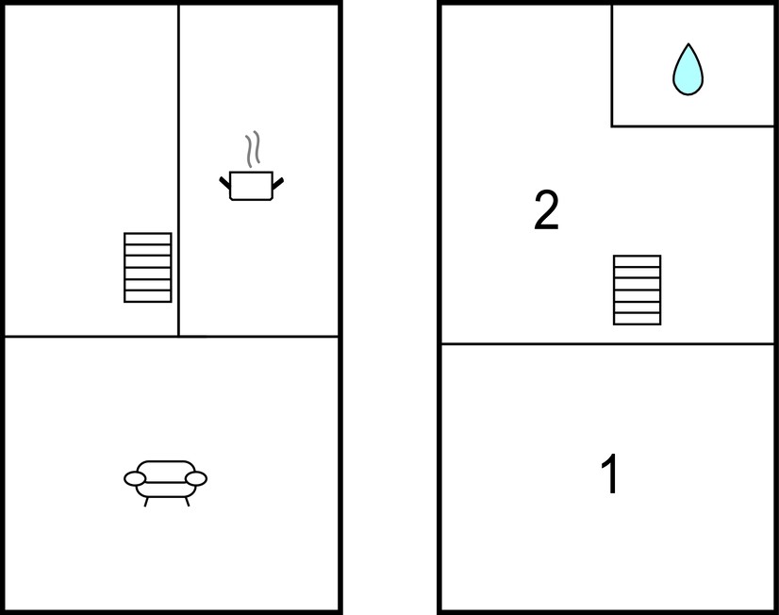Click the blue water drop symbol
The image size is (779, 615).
[688, 71]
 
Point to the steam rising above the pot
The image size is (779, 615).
[253, 148]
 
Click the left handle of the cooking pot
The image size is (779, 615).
[225, 182]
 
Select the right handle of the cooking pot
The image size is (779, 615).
[277, 183]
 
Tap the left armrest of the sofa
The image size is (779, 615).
[135, 479]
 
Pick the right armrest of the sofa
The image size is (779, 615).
[196, 479]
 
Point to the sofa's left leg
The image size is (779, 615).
[146, 501]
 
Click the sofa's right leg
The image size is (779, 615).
[188, 501]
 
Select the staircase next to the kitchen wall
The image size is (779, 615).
[147, 267]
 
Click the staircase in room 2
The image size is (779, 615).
[637, 291]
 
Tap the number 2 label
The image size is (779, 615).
[546, 210]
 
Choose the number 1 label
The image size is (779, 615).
[610, 474]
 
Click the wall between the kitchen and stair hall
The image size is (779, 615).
[178, 171]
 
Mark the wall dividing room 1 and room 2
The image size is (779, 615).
[607, 343]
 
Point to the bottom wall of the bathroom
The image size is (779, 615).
[692, 126]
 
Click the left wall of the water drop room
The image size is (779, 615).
[612, 66]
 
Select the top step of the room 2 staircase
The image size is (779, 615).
[637, 261]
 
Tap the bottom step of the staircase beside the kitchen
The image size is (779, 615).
[147, 296]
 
